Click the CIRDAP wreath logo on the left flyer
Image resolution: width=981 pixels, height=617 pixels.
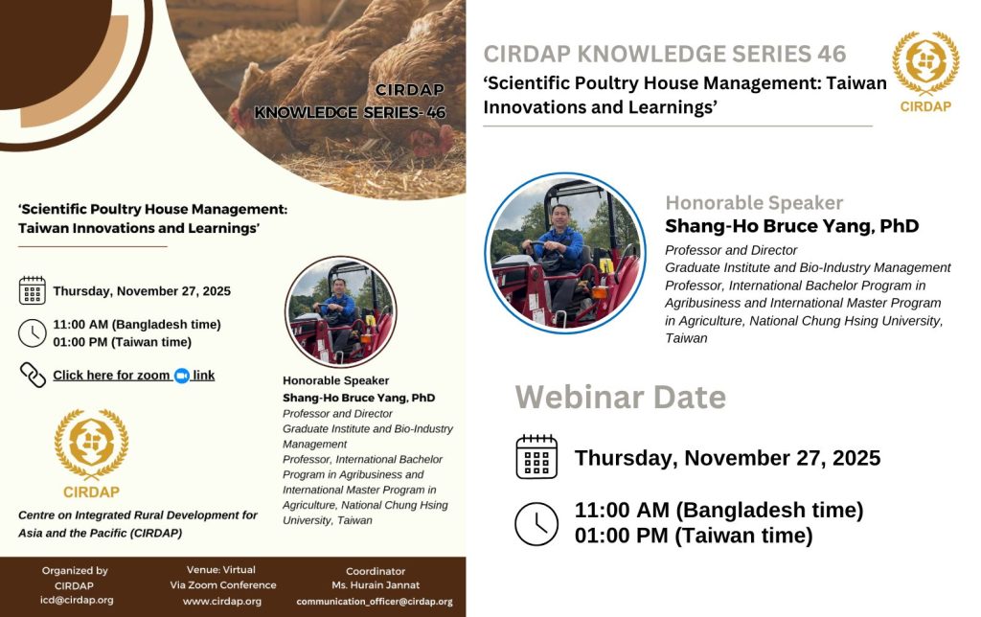[x=91, y=445]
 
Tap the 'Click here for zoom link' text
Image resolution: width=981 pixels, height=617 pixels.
[x=133, y=376]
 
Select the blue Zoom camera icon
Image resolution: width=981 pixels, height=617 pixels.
[x=181, y=376]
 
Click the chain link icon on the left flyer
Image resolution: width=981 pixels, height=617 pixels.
[x=33, y=375]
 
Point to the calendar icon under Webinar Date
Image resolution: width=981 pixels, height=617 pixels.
[x=536, y=457]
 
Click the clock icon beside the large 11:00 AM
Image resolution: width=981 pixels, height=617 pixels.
[x=536, y=523]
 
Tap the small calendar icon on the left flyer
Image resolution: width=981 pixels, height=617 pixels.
[x=33, y=290]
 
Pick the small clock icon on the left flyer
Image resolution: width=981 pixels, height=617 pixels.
[x=33, y=332]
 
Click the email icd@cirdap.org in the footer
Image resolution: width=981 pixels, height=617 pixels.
[x=77, y=601]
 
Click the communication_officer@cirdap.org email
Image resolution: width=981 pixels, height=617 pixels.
[x=376, y=602]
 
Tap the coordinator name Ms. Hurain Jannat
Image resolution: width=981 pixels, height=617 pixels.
[x=376, y=585]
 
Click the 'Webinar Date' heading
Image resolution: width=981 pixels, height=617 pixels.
[x=620, y=396]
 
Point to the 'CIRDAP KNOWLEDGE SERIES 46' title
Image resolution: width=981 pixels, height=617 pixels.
[x=665, y=54]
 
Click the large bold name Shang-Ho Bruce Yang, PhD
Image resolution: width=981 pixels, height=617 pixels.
[x=791, y=226]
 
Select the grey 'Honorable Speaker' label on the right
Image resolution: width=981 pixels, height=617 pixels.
[x=754, y=203]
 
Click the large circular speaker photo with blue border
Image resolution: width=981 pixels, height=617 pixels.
[x=565, y=252]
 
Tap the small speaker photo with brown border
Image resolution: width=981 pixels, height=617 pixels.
[x=340, y=311]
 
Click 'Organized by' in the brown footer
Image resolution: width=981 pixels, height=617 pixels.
[x=75, y=571]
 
